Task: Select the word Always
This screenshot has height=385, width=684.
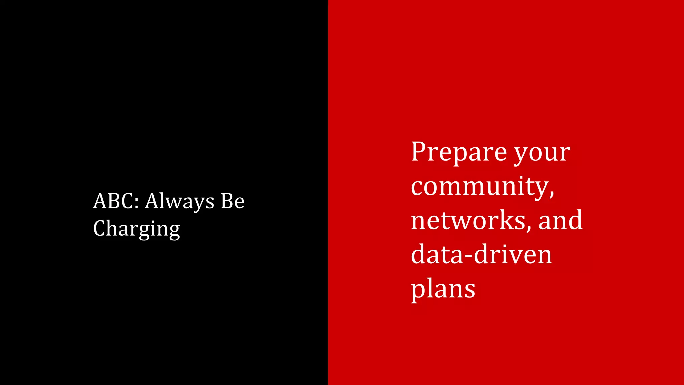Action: click(180, 202)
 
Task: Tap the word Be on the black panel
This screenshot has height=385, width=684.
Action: click(232, 201)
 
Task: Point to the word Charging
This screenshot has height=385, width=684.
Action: click(136, 229)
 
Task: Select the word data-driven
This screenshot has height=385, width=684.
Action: click(481, 255)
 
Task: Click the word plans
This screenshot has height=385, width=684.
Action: click(443, 289)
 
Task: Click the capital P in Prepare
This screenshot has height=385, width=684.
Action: click(419, 152)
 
